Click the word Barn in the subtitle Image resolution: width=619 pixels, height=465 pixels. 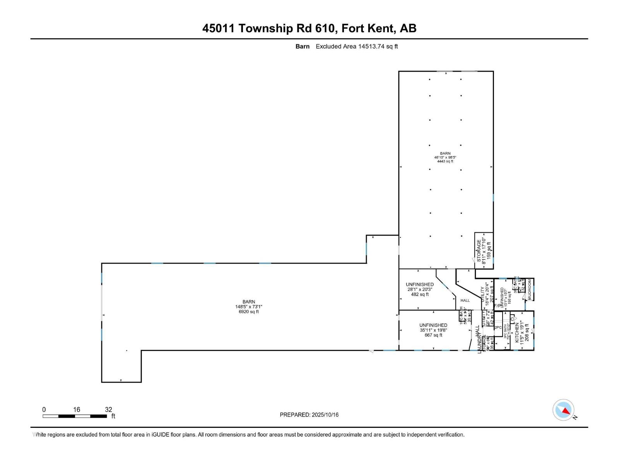click(x=302, y=46)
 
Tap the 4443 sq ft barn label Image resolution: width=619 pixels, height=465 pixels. click(x=445, y=161)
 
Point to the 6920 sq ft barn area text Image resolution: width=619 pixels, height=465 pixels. click(x=249, y=312)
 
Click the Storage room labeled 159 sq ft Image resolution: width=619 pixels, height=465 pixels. click(x=484, y=250)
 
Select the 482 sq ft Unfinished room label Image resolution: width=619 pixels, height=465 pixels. click(x=420, y=294)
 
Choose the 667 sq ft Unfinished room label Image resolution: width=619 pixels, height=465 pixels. click(x=433, y=335)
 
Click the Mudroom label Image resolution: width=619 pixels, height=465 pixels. click(x=529, y=289)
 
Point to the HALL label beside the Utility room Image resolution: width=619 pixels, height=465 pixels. click(x=465, y=300)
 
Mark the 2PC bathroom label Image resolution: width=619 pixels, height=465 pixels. click(x=498, y=327)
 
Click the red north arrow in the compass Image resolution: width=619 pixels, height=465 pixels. click(x=566, y=411)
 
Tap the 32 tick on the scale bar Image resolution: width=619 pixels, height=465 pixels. click(x=108, y=410)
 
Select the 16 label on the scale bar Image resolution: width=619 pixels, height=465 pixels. click(x=76, y=410)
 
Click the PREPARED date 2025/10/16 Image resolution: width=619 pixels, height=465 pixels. click(x=325, y=415)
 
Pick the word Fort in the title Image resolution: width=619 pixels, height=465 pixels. click(x=355, y=28)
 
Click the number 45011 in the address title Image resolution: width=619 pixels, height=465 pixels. click(x=218, y=28)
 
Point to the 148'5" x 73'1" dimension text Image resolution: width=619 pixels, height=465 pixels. click(x=249, y=307)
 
